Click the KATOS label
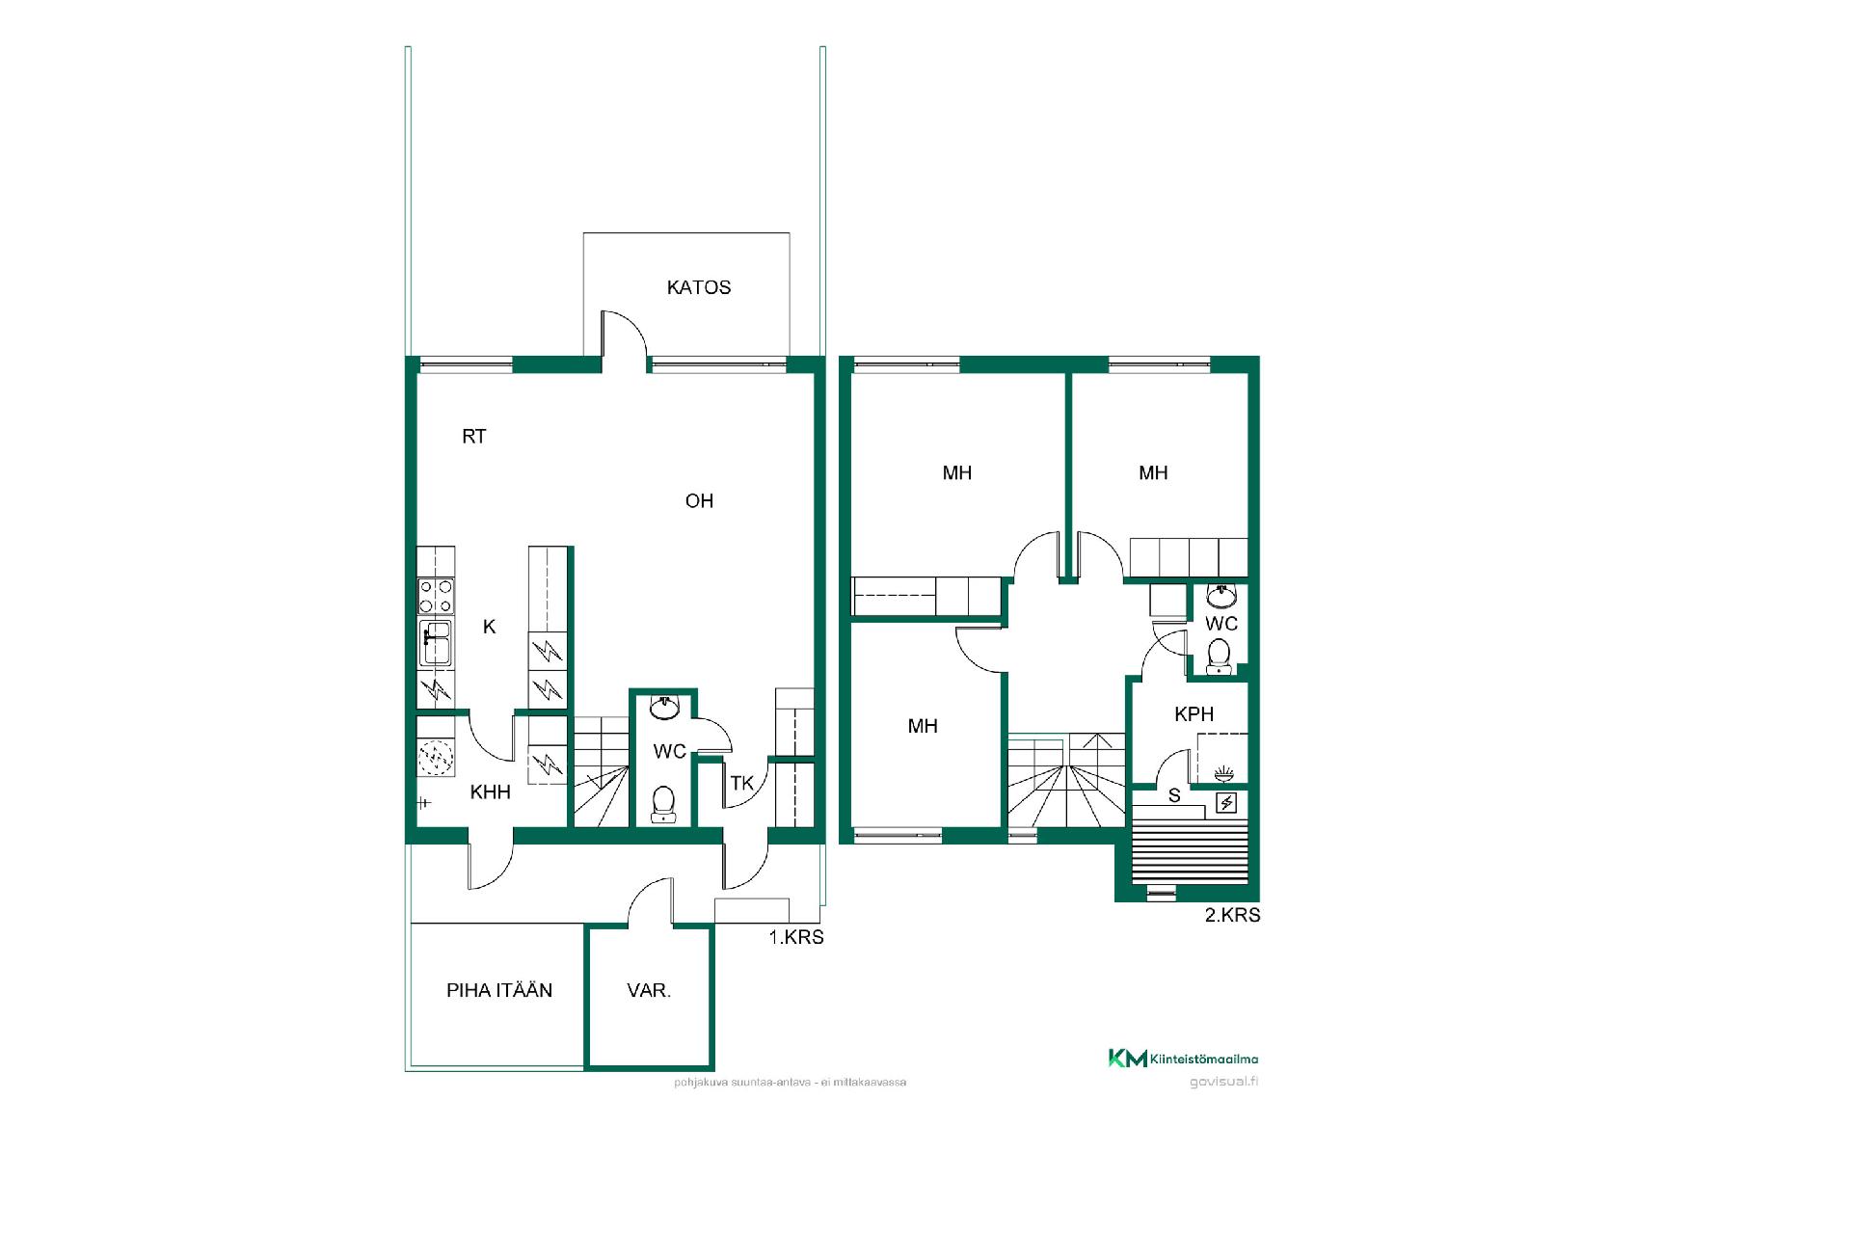pyautogui.click(x=699, y=287)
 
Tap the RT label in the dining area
pyautogui.click(x=474, y=437)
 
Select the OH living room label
pyautogui.click(x=699, y=500)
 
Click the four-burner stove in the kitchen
pyautogui.click(x=436, y=596)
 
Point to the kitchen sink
pyautogui.click(x=436, y=642)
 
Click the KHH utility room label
pyautogui.click(x=491, y=792)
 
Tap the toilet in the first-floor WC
pyautogui.click(x=662, y=804)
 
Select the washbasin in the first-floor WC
pyautogui.click(x=664, y=708)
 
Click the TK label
pyautogui.click(x=741, y=783)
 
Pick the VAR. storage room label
pyautogui.click(x=649, y=990)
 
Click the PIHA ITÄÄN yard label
pyautogui.click(x=499, y=990)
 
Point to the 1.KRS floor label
pyautogui.click(x=796, y=937)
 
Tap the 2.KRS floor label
pyautogui.click(x=1233, y=915)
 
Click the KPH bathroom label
pyautogui.click(x=1194, y=714)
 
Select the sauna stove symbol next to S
pyautogui.click(x=1226, y=803)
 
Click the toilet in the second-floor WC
pyautogui.click(x=1220, y=657)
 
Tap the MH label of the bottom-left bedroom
pyautogui.click(x=923, y=726)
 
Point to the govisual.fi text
pyautogui.click(x=1224, y=1081)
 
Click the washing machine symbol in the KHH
pyautogui.click(x=436, y=758)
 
